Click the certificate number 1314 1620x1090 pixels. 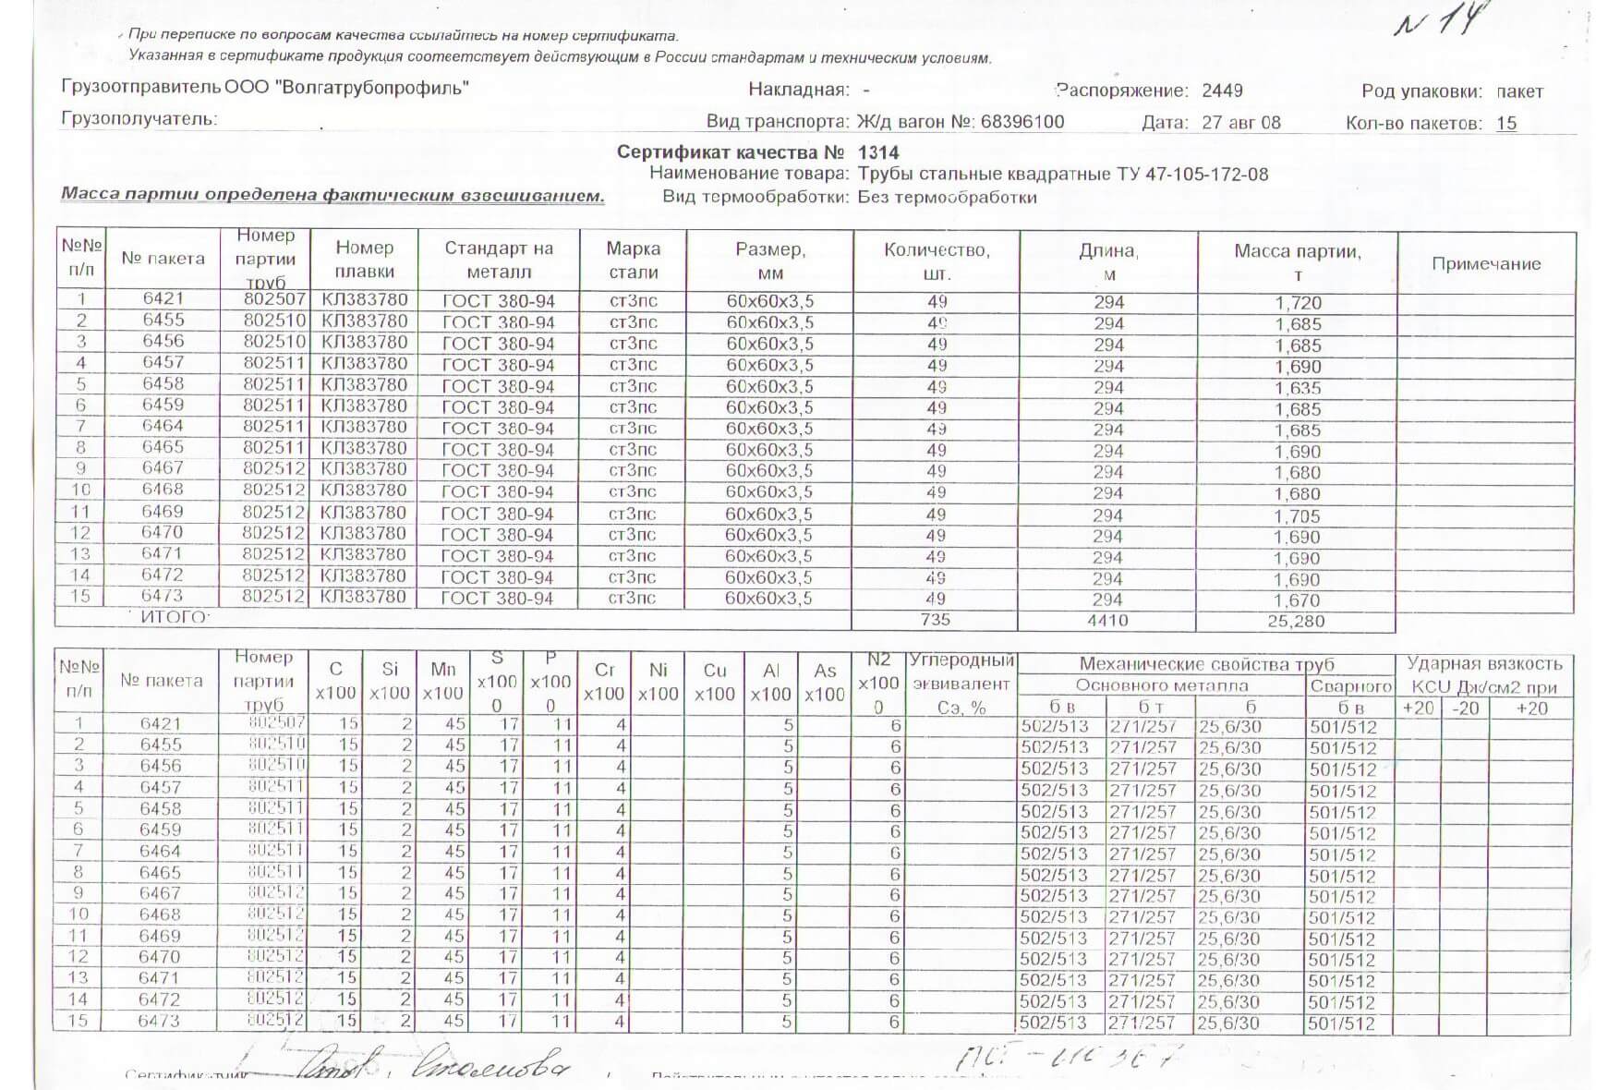pos(877,152)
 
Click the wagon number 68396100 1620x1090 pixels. pos(1022,122)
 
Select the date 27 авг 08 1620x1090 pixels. pos(1240,123)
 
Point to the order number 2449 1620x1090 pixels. pos(1222,91)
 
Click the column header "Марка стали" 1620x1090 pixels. pos(633,260)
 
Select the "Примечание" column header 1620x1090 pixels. pos(1485,264)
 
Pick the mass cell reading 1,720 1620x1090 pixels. pos(1298,303)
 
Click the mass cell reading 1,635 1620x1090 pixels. pos(1298,388)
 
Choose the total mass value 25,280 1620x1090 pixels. pos(1295,622)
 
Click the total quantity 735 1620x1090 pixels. pos(935,620)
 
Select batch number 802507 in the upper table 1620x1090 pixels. pos(274,299)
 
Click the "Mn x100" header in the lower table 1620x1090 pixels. pos(442,681)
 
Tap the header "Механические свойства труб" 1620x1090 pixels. pos(1206,664)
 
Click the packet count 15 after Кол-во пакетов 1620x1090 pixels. pos(1505,123)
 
